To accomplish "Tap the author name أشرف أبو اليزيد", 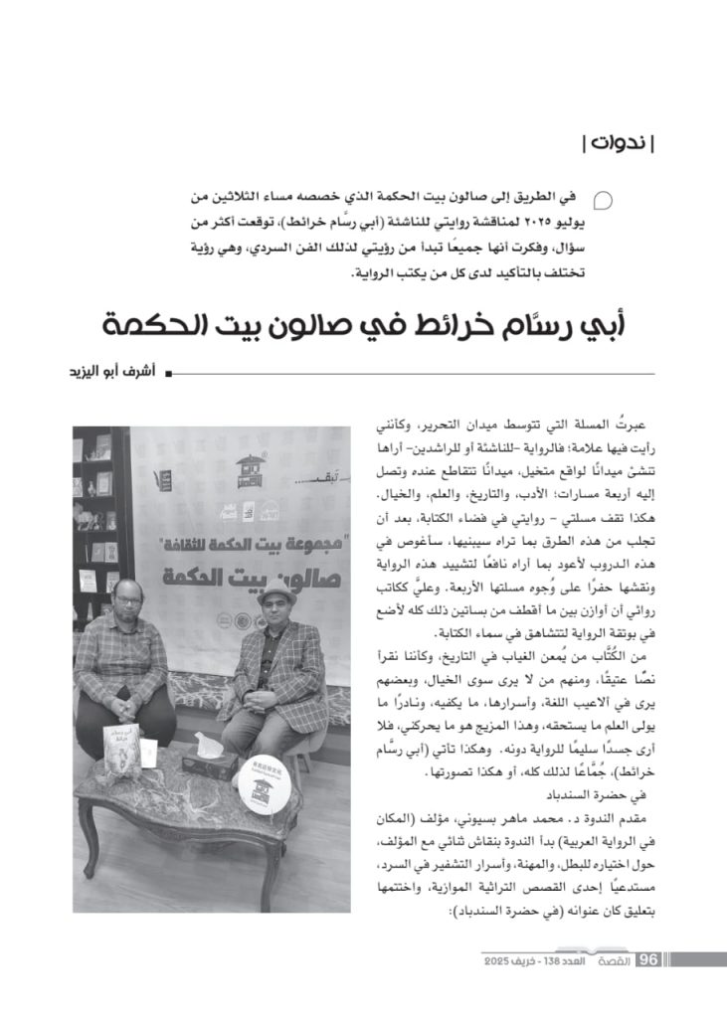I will [109, 373].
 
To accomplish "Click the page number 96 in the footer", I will [648, 959].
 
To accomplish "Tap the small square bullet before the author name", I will [167, 374].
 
